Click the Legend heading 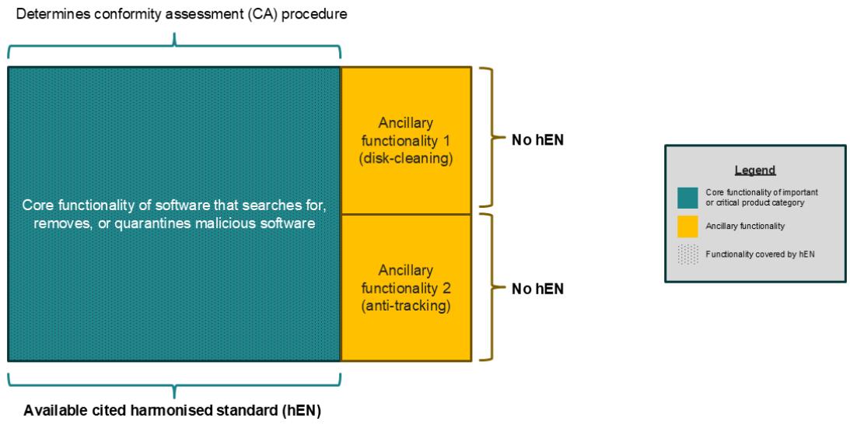[x=755, y=170]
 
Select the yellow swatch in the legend [x=687, y=227]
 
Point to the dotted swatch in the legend [x=687, y=254]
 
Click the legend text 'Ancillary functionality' [x=745, y=227]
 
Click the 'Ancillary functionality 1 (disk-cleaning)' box [x=406, y=141]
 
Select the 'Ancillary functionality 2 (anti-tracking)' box [x=406, y=288]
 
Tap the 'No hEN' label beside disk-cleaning [x=537, y=141]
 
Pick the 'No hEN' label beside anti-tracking [x=537, y=289]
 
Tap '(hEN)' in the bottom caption [x=301, y=411]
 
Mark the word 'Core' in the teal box [x=33, y=207]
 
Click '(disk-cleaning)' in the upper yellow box [x=406, y=160]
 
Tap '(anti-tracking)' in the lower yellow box [x=406, y=307]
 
